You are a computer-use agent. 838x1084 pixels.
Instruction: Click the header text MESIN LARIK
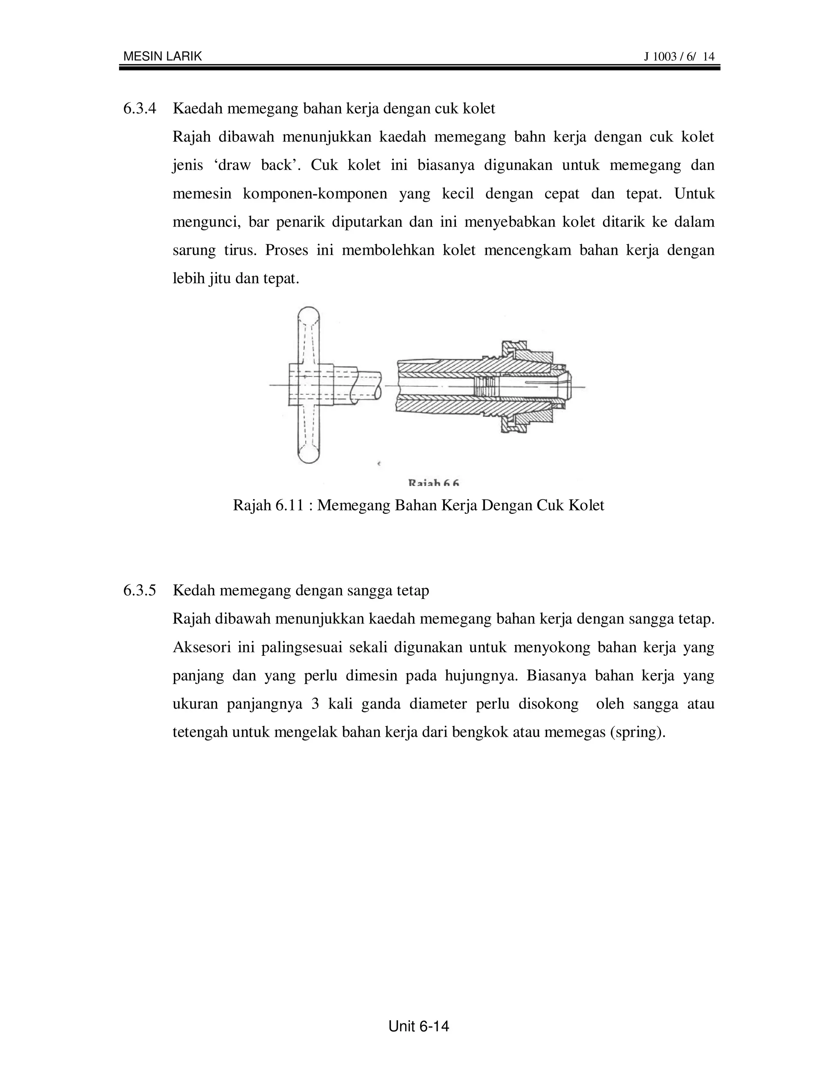[162, 56]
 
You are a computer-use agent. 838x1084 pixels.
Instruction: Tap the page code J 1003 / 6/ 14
[679, 56]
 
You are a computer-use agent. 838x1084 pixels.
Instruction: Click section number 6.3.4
[140, 108]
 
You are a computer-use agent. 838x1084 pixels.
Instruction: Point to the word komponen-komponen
[315, 193]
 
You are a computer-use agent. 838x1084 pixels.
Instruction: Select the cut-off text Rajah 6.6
[433, 482]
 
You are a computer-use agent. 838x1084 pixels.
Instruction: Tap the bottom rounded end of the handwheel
[308, 454]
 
